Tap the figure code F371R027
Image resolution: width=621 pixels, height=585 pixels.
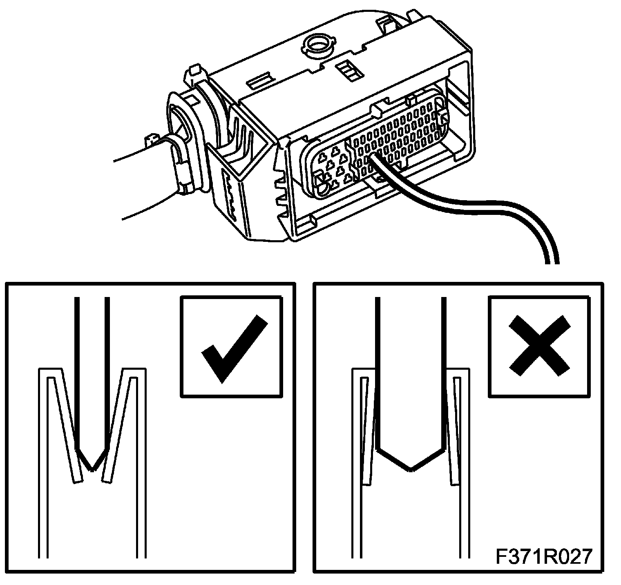click(543, 556)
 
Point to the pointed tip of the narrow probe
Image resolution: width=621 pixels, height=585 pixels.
click(93, 469)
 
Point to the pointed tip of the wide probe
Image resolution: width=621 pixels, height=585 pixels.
click(410, 469)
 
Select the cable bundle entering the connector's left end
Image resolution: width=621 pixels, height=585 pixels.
click(139, 180)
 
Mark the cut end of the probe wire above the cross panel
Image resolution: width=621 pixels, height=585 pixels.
click(551, 261)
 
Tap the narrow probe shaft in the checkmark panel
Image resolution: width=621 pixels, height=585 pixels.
click(92, 368)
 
